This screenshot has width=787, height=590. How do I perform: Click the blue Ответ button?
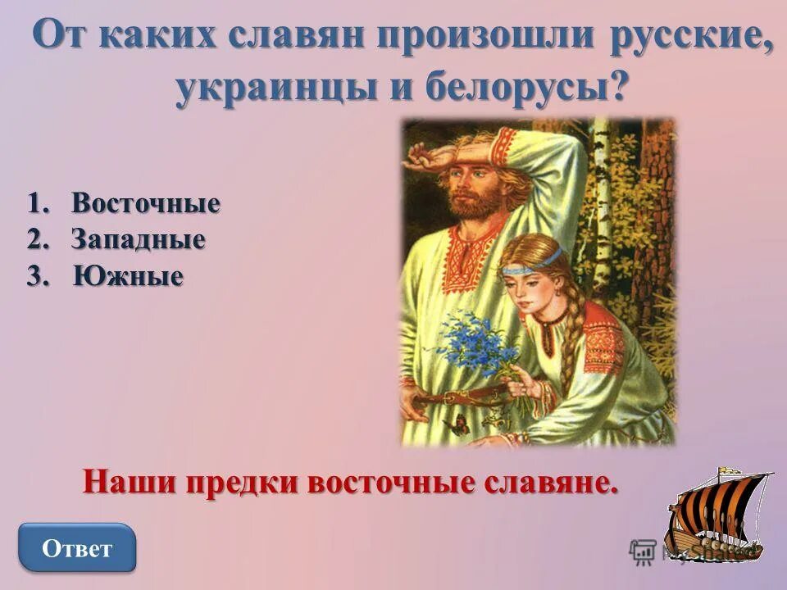[77, 547]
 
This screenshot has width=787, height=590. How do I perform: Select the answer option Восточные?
[145, 203]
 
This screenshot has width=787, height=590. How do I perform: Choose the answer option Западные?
[137, 240]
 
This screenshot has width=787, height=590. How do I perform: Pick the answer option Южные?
[128, 276]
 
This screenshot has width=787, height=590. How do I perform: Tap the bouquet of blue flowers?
[476, 344]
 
